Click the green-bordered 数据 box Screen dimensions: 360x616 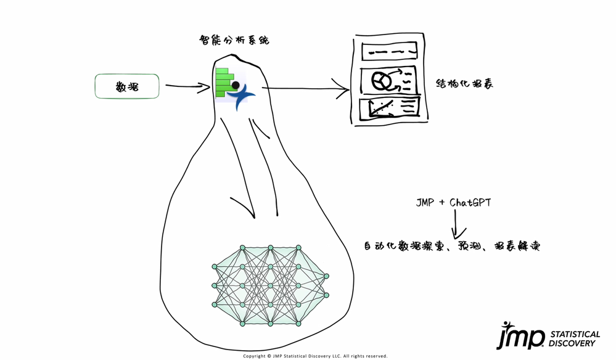[127, 86]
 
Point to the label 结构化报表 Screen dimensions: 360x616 [465, 83]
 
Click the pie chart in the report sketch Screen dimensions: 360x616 [380, 80]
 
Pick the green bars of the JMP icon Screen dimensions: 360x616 [223, 78]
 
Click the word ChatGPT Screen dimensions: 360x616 [470, 202]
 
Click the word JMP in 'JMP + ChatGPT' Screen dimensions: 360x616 [427, 202]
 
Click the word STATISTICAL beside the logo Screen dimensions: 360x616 [574, 333]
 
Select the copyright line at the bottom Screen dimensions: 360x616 [315, 356]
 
